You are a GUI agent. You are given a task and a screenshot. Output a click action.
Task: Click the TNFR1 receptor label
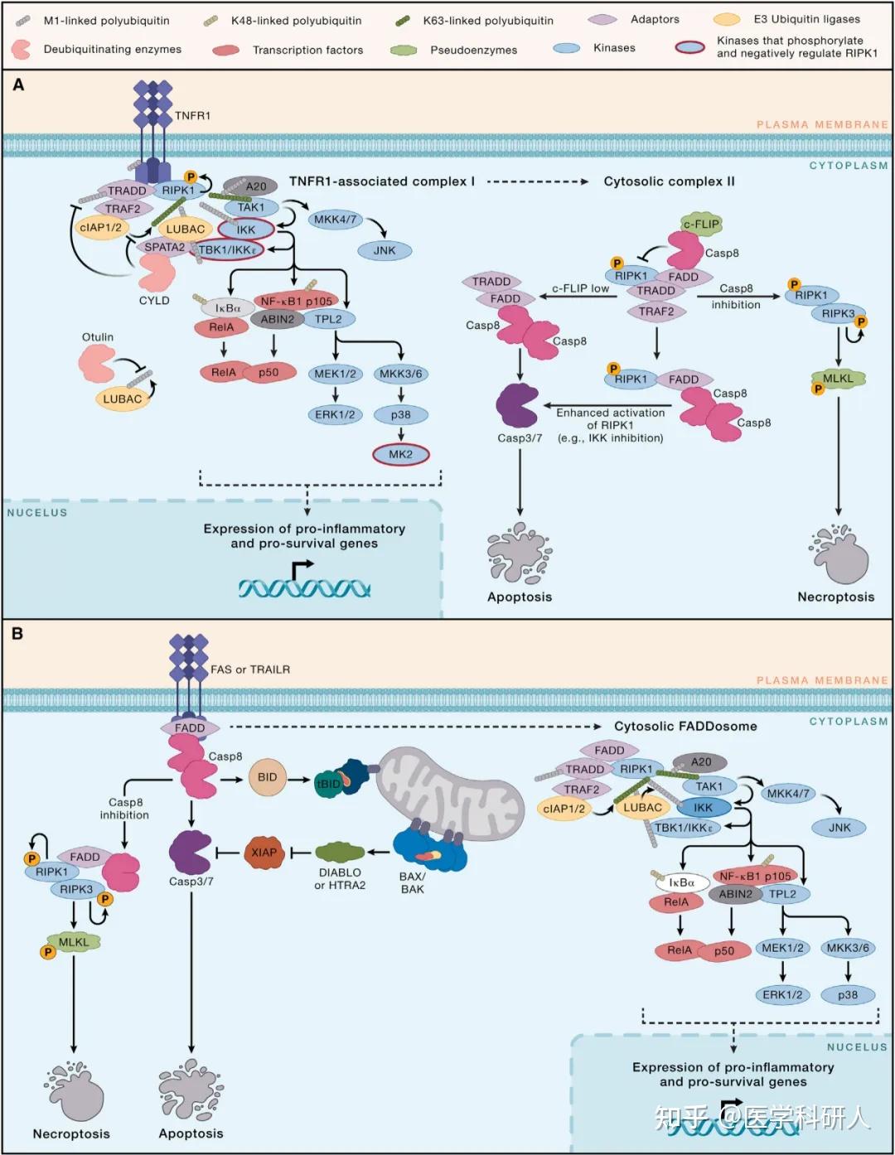point(192,115)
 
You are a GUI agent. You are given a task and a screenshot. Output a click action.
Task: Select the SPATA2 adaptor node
point(165,247)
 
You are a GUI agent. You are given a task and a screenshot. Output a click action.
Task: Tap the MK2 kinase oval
point(401,454)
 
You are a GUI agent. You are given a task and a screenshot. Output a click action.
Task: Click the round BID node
point(268,777)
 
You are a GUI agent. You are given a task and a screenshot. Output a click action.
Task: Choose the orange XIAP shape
point(264,853)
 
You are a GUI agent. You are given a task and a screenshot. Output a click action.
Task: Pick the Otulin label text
point(98,337)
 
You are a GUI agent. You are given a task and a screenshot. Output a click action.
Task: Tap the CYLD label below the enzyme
point(154,300)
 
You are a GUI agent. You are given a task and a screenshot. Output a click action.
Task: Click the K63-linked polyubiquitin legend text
point(488,21)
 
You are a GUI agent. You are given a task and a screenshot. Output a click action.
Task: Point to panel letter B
point(17,634)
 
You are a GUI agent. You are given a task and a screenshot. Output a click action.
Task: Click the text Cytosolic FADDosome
point(685,727)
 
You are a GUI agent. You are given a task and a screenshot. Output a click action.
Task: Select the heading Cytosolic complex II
point(669,181)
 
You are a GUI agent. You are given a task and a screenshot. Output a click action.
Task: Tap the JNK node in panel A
point(385,250)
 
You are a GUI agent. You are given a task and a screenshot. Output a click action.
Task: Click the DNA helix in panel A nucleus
point(303,588)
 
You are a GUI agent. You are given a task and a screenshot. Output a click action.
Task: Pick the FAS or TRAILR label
point(250,669)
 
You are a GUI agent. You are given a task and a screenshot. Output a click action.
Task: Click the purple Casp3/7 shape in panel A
point(517,405)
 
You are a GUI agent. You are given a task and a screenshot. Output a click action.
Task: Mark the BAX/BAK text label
point(413,883)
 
